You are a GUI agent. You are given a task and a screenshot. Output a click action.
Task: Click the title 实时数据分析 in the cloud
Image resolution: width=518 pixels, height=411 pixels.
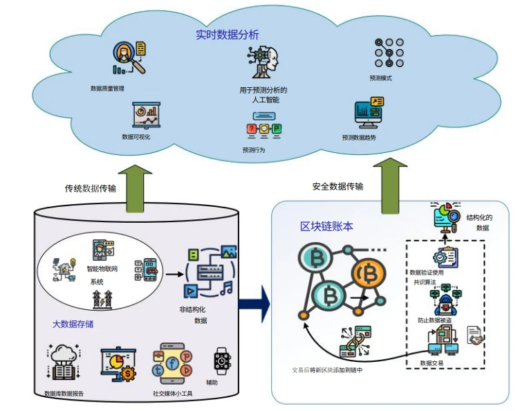(228, 34)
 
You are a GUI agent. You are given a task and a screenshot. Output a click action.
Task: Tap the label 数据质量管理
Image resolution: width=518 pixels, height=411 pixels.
(107, 89)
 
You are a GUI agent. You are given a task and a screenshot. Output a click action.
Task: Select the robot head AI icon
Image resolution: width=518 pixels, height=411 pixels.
(264, 64)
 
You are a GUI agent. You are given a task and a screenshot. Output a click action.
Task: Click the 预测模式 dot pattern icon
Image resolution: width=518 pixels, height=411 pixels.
(389, 52)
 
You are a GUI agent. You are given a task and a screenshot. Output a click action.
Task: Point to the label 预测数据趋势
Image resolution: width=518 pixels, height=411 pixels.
(359, 138)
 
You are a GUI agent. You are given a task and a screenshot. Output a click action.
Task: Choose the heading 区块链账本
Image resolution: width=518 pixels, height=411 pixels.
(327, 227)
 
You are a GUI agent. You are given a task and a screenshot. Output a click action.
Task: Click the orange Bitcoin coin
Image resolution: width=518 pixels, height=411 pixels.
(365, 274)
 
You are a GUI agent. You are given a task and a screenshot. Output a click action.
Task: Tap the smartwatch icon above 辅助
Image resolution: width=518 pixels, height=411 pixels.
(221, 360)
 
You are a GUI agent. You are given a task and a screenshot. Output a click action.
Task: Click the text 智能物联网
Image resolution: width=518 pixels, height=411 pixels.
(102, 268)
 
